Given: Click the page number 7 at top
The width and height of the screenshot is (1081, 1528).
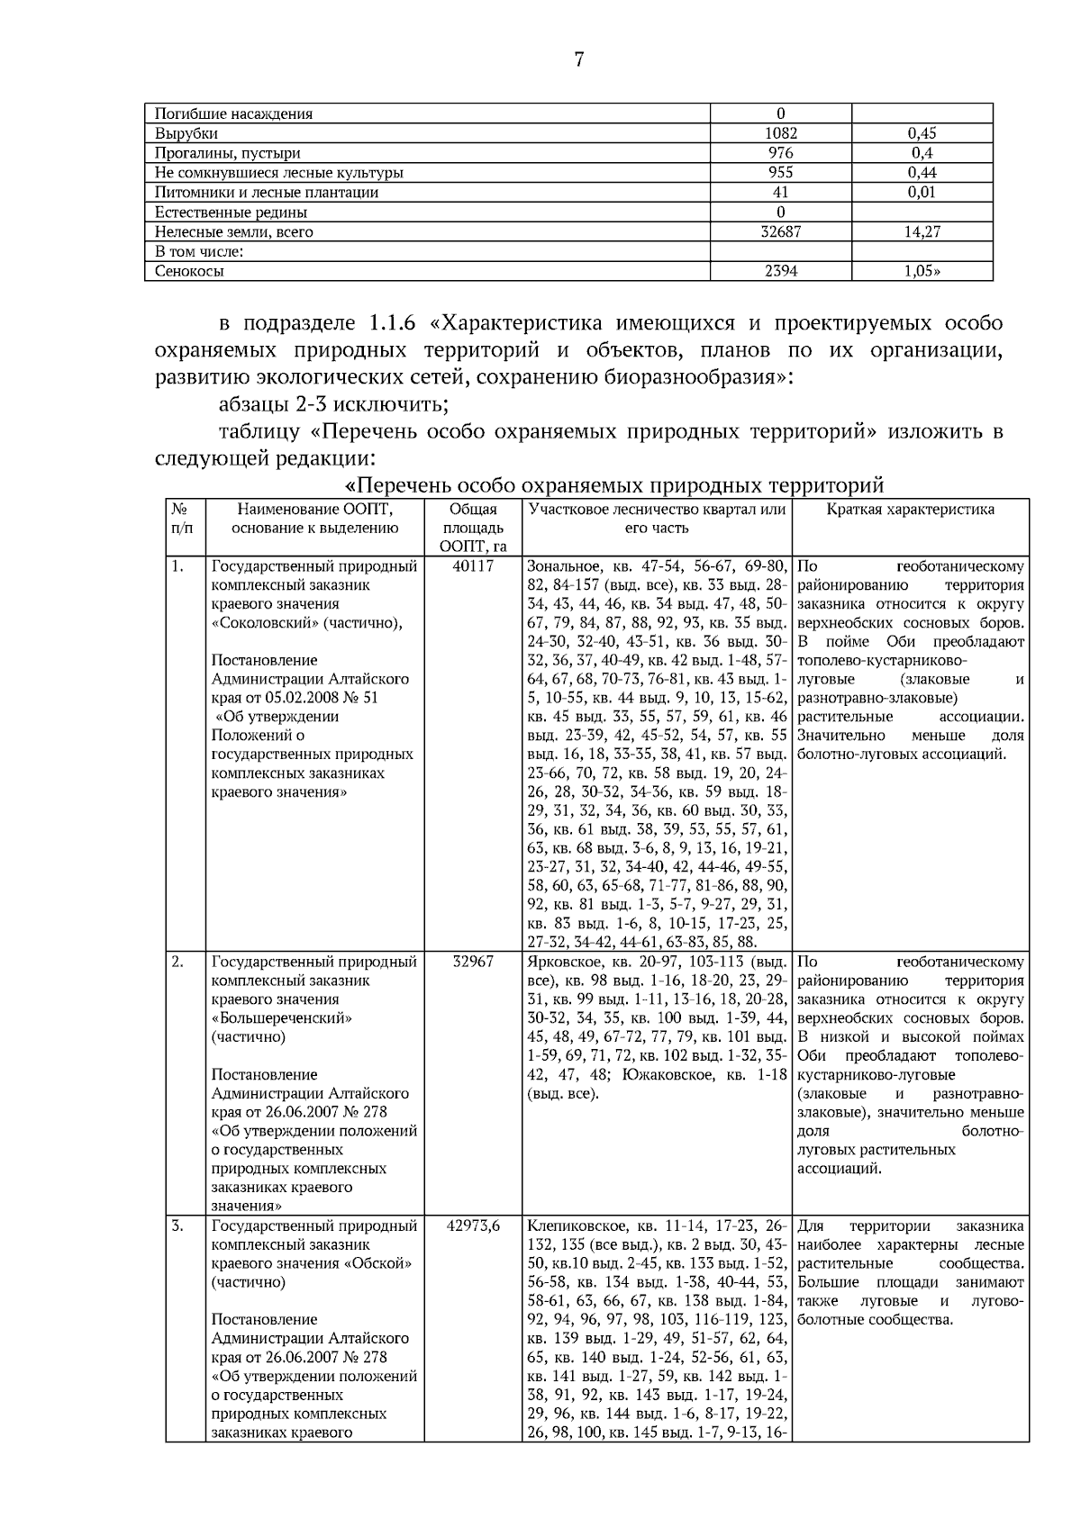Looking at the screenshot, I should (x=579, y=60).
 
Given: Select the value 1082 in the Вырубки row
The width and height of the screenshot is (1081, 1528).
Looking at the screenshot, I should (x=780, y=133).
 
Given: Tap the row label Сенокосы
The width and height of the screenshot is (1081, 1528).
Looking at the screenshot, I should (x=189, y=271).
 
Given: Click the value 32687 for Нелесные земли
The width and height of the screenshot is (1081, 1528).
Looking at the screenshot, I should (x=780, y=232).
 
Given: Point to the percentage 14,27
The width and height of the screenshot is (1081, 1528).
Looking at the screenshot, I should (x=922, y=232).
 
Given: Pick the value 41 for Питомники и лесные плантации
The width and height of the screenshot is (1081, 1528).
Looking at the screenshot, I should (x=780, y=193).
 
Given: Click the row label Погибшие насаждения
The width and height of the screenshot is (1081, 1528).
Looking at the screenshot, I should (x=234, y=113).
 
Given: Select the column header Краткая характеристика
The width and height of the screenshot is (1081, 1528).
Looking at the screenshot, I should (x=910, y=510).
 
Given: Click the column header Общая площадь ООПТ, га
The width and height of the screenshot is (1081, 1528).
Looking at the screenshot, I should (x=473, y=529).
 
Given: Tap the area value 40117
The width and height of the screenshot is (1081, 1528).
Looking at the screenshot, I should (x=473, y=566).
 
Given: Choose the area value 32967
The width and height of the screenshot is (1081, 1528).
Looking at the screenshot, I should (x=473, y=962).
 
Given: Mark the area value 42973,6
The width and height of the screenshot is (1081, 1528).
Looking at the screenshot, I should (x=473, y=1225).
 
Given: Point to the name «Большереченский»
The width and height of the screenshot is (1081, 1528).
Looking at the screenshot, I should (x=281, y=1018).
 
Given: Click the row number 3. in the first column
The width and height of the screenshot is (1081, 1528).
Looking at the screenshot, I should (x=177, y=1225).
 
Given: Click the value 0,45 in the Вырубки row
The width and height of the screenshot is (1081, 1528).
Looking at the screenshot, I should (x=922, y=133).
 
